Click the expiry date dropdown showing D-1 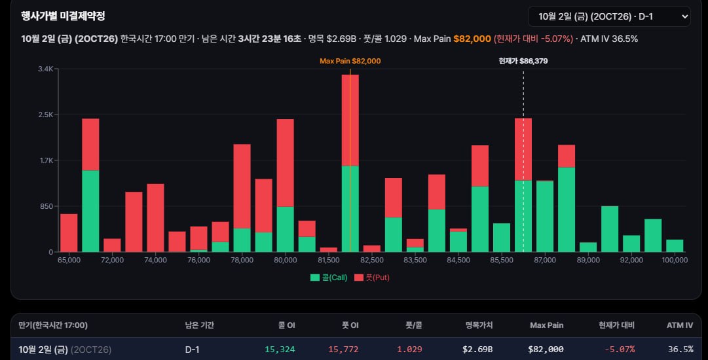609,17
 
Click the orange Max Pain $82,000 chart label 350,61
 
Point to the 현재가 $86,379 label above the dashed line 523,61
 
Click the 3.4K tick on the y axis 46,69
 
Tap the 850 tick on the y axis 47,206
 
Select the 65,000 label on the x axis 69,260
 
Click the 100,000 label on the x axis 675,260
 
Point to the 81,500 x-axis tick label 329,260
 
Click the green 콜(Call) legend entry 329,278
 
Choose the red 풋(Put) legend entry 372,278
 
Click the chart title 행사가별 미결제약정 63,16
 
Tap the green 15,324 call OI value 280,349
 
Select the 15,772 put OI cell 343,349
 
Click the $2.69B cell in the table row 477,349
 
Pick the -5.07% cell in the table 620,349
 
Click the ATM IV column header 680,325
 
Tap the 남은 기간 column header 200,325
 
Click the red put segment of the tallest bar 350,120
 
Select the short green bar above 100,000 675,246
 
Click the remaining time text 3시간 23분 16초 270,39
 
